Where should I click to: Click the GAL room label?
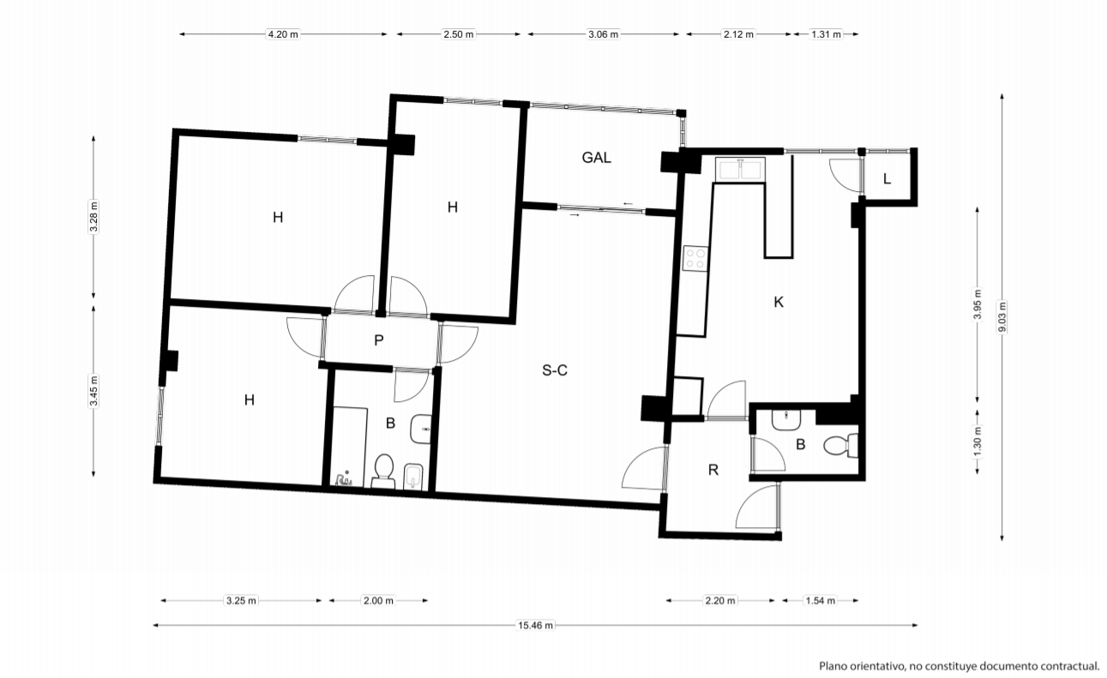point(596,158)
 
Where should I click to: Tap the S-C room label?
point(555,370)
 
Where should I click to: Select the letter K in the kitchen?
point(779,302)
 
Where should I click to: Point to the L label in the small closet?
point(887,179)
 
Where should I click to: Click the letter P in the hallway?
point(378,340)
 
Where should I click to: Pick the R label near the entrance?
point(713,470)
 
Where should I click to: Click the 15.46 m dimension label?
point(535,626)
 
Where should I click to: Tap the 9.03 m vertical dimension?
point(1002,317)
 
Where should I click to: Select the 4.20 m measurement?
point(283,34)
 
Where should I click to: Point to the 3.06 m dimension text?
point(603,34)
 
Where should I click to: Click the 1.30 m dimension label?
point(977,441)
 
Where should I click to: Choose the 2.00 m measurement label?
point(378,601)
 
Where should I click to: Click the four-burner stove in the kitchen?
point(695,259)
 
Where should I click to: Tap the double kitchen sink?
point(740,170)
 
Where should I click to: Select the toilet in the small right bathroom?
point(841,445)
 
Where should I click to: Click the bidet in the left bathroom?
point(413,477)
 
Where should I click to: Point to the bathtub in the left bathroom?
point(349,447)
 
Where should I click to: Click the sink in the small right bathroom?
point(786,420)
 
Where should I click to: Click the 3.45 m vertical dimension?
point(93,390)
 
